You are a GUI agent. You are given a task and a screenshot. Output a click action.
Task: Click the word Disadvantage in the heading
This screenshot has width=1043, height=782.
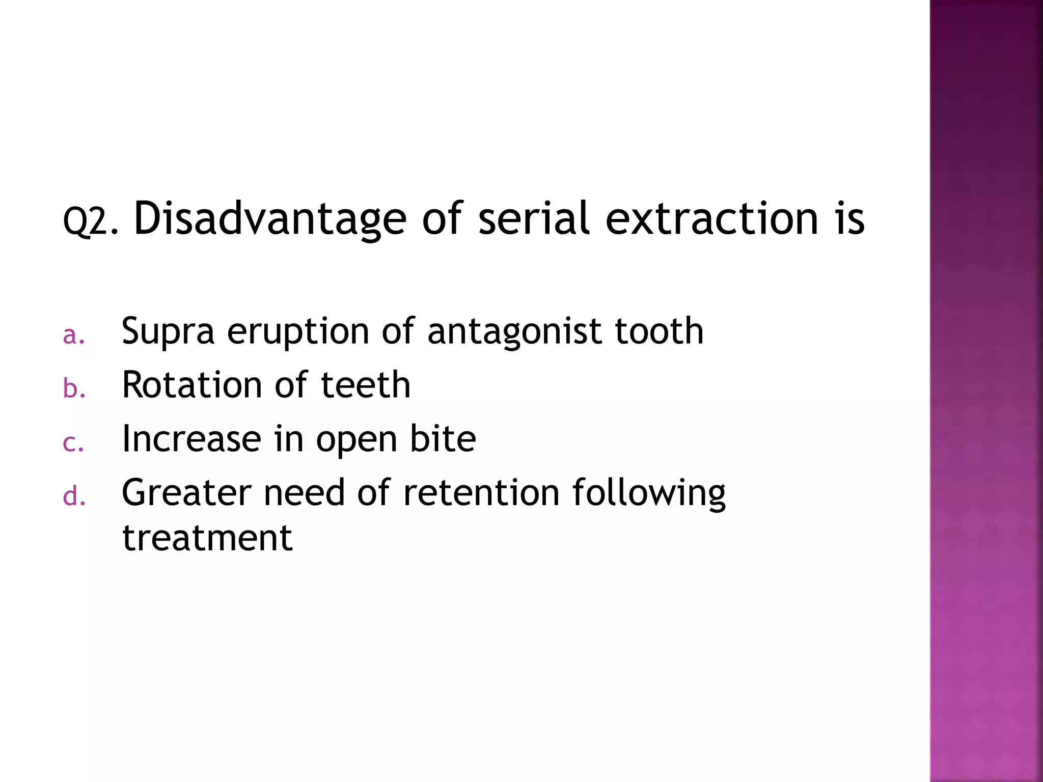click(270, 219)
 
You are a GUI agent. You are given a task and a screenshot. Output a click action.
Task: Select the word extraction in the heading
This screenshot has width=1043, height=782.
click(711, 219)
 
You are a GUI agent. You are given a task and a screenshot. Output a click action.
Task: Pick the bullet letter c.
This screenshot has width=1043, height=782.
click(73, 443)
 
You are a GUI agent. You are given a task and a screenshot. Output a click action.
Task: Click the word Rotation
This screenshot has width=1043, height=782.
click(191, 385)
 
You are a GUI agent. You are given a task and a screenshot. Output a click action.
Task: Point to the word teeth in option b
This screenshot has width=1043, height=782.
click(366, 385)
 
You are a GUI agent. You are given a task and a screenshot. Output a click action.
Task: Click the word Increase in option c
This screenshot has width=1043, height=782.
click(191, 439)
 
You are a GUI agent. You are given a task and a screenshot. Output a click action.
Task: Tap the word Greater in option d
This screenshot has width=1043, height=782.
click(186, 493)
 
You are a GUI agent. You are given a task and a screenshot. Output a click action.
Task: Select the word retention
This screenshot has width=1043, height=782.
click(481, 493)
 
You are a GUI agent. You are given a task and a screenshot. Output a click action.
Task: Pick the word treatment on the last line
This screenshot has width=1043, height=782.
click(207, 539)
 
